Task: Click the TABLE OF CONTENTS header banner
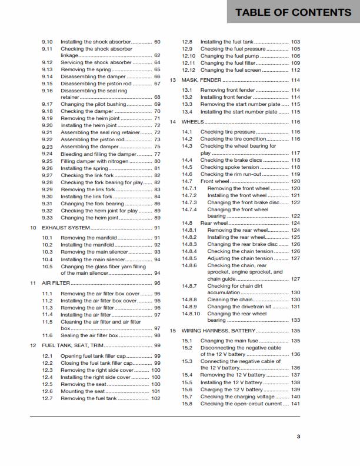[x=293, y=12]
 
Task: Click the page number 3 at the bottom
[x=298, y=436]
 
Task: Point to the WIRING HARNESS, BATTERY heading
[x=218, y=331]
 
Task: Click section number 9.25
[x=48, y=161]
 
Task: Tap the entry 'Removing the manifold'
[x=89, y=238]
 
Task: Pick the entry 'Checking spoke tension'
[x=229, y=167]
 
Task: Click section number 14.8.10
[x=191, y=314]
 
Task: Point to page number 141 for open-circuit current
[x=295, y=404]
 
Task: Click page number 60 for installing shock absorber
[x=157, y=42]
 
